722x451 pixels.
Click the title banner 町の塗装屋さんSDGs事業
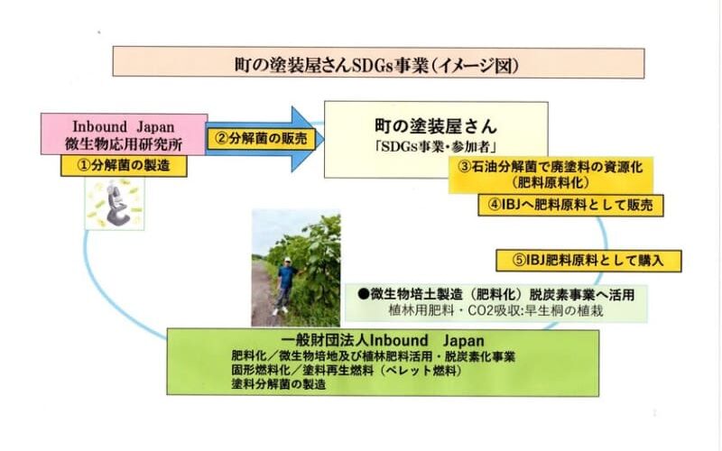(x=378, y=62)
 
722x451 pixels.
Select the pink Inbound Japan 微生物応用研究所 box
(x=124, y=134)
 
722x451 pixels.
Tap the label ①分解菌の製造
(x=124, y=166)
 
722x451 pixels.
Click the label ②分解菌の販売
(x=261, y=139)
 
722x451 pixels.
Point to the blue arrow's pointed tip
(x=323, y=140)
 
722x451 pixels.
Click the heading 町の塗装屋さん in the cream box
(x=436, y=126)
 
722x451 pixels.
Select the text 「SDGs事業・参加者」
(x=436, y=147)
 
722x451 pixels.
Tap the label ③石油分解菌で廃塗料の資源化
(x=551, y=167)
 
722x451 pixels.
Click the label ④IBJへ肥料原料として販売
(x=570, y=206)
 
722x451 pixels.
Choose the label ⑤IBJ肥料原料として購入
(x=588, y=261)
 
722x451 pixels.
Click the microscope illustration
(x=116, y=205)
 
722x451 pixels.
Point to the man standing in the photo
(x=285, y=285)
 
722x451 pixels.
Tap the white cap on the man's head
(x=288, y=260)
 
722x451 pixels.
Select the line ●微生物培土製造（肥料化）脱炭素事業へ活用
(x=496, y=294)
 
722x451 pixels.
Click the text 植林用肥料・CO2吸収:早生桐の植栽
(x=495, y=310)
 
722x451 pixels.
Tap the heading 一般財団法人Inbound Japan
(x=382, y=341)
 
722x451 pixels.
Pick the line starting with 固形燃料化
(x=347, y=371)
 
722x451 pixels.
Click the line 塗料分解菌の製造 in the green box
(x=279, y=384)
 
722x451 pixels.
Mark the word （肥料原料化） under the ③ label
(x=551, y=183)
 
